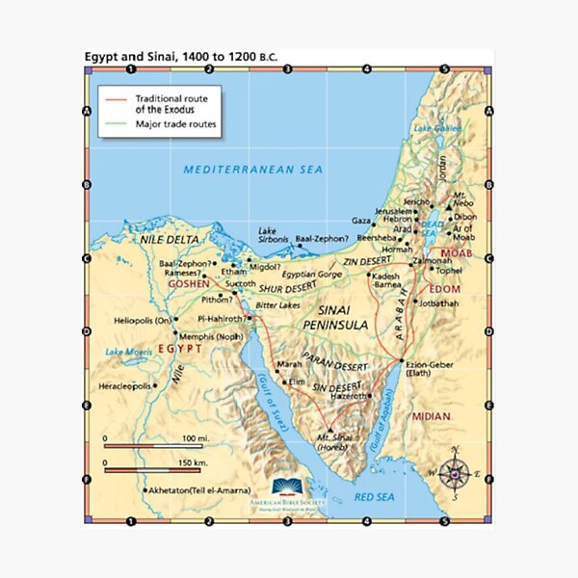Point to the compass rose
(458, 471)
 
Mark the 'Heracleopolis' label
(125, 386)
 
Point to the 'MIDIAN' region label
(430, 416)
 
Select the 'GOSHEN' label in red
(188, 284)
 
